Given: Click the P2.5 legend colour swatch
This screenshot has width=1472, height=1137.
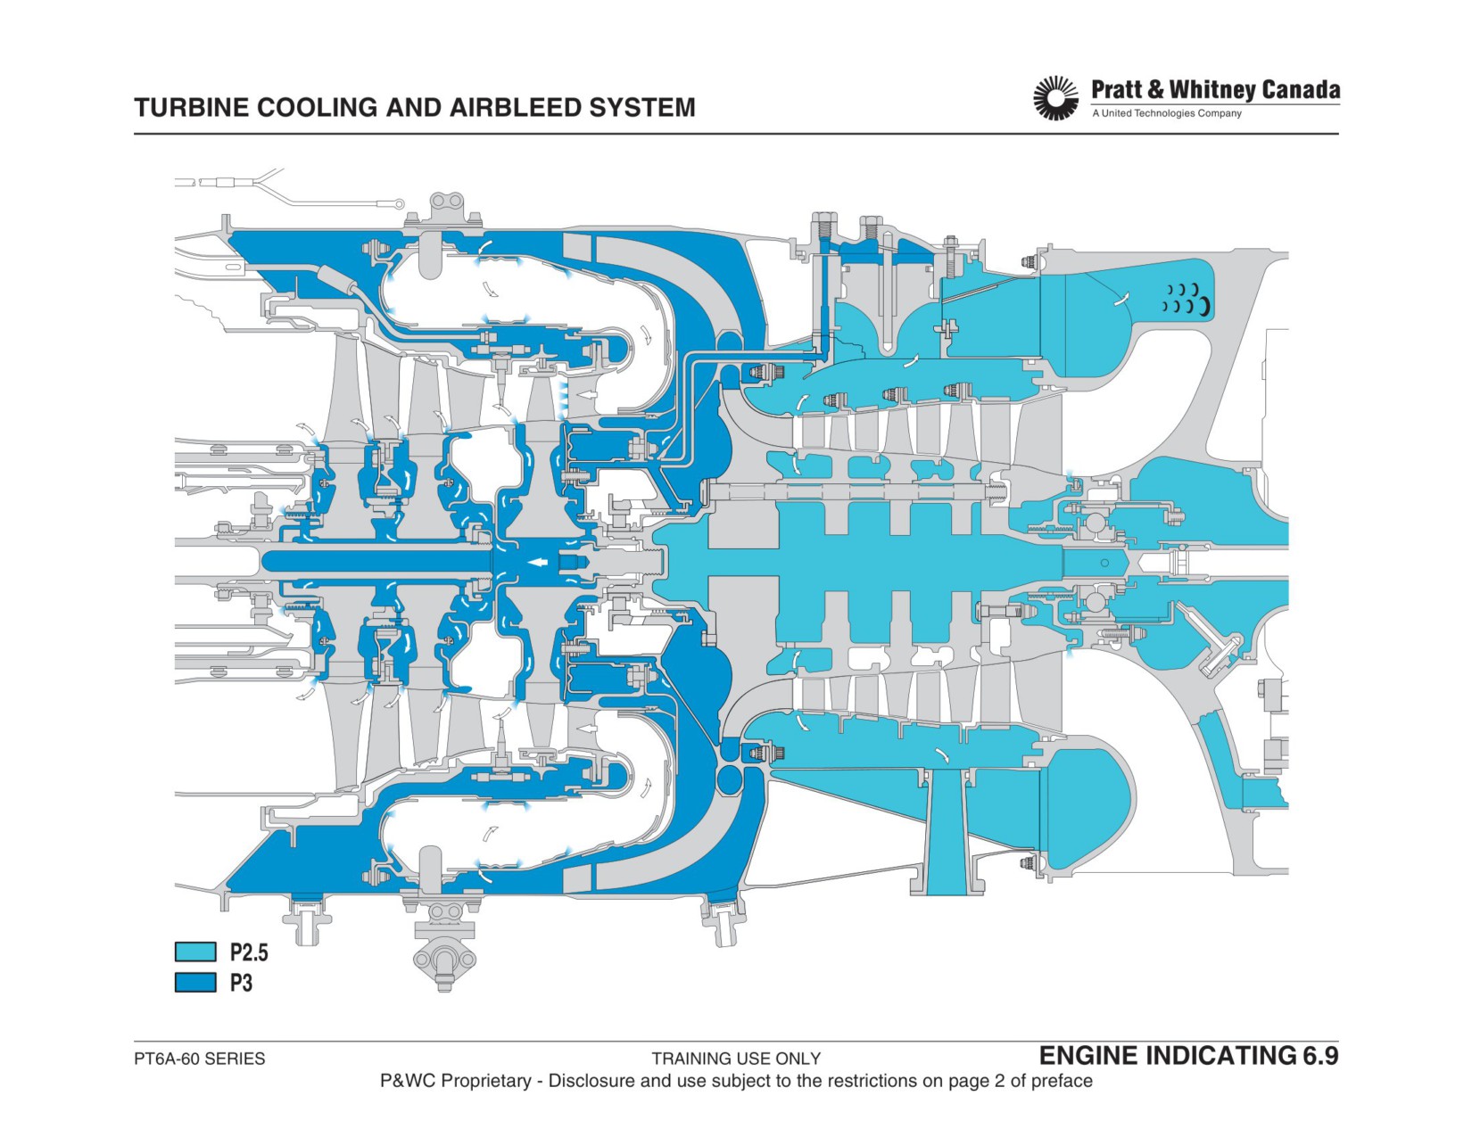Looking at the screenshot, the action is click(195, 952).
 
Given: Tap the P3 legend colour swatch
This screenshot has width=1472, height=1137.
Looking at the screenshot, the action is click(195, 982).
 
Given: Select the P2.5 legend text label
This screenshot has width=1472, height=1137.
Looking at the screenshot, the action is click(249, 952).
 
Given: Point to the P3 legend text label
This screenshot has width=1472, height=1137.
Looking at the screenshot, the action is click(241, 983).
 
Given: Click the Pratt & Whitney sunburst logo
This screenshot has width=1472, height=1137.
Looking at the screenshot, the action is click(1055, 98).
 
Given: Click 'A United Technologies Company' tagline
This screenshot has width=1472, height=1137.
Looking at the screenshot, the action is click(1167, 113).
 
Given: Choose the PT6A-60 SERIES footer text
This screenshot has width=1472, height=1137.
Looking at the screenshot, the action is click(199, 1059).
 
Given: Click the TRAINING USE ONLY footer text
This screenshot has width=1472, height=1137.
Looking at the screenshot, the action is click(736, 1059).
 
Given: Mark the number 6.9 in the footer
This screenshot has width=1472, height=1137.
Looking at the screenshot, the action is click(1319, 1056).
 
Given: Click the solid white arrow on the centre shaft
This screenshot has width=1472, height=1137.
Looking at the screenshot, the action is click(539, 562).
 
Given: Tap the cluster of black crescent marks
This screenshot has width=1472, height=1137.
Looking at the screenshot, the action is click(1187, 300).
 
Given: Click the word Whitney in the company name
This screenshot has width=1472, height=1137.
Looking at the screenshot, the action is click(1212, 90).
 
